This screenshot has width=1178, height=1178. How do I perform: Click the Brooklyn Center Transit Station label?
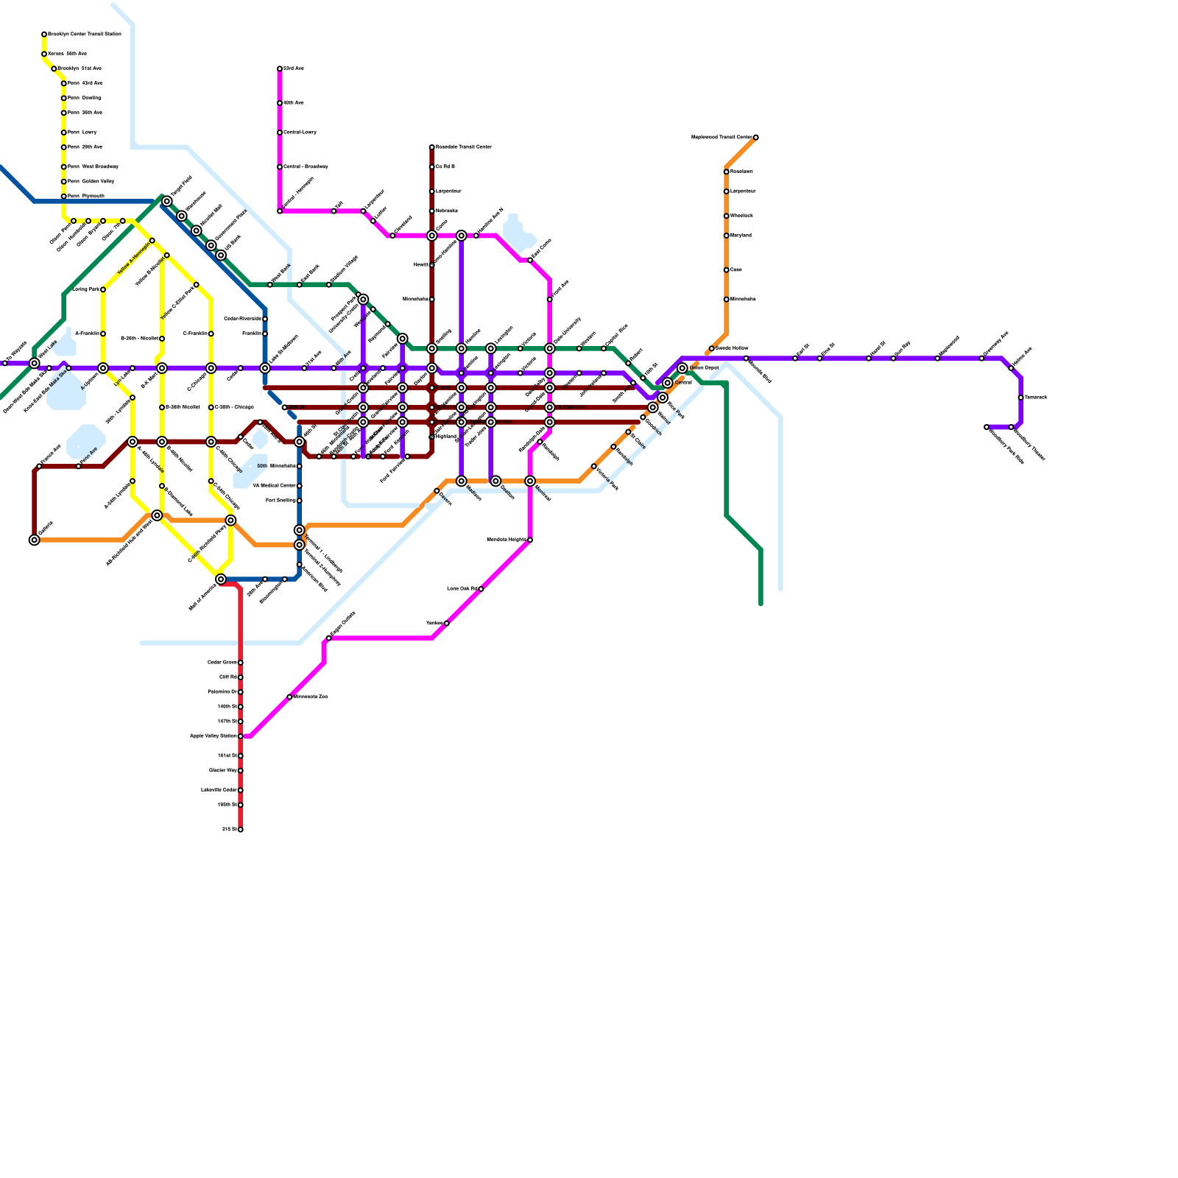click(84, 34)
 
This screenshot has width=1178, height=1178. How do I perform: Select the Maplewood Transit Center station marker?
click(755, 138)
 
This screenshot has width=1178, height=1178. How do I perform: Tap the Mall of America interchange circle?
click(221, 579)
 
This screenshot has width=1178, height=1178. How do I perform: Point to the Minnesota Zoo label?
click(311, 696)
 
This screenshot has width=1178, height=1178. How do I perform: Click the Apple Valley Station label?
click(214, 736)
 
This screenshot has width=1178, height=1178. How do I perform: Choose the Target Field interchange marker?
click(167, 201)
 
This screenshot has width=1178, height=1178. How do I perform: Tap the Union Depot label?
click(704, 367)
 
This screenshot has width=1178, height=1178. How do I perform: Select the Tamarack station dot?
click(1020, 398)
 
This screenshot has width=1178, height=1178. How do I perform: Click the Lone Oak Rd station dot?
click(481, 589)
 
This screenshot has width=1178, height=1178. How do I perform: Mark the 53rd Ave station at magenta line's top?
click(280, 68)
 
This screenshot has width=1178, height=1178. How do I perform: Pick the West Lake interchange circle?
click(35, 363)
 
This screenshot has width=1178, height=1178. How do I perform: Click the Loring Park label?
click(85, 289)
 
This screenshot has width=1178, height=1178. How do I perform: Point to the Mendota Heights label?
click(507, 540)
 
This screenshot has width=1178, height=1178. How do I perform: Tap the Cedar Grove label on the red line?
click(222, 663)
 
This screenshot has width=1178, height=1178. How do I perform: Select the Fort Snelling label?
click(281, 501)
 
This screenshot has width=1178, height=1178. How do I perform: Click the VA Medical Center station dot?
click(300, 486)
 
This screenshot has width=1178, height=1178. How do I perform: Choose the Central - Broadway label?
click(306, 166)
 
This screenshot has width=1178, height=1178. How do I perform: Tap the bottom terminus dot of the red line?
click(240, 830)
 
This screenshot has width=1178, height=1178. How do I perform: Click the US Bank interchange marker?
click(221, 255)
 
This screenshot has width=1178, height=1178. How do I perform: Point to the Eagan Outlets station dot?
click(328, 638)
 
